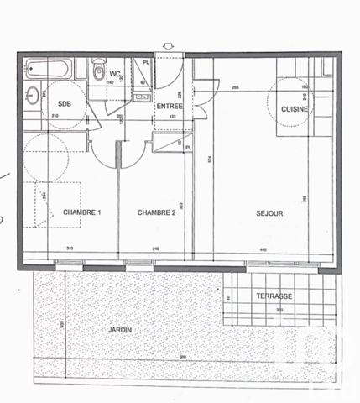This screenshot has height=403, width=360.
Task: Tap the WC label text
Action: tap(114, 73)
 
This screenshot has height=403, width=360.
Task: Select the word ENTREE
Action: tap(169, 107)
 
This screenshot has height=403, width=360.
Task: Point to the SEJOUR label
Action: tap(269, 213)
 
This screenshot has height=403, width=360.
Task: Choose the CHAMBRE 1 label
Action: tap(81, 213)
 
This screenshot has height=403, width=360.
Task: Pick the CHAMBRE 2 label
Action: tap(156, 213)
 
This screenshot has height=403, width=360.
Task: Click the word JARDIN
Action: tap(120, 330)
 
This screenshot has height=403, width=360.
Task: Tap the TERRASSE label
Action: tap(274, 296)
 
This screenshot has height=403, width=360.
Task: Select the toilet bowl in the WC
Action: tap(100, 72)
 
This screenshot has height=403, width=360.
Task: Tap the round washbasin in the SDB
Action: tap(32, 93)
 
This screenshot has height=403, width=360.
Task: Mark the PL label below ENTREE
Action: tap(188, 148)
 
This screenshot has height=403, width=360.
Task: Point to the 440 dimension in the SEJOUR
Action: tap(264, 249)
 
